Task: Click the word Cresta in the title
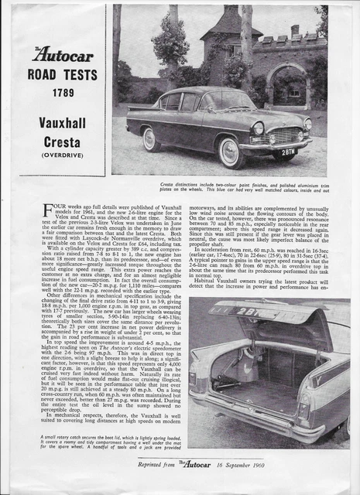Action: pyautogui.click(x=61, y=142)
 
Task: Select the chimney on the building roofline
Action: pyautogui.click(x=294, y=31)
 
